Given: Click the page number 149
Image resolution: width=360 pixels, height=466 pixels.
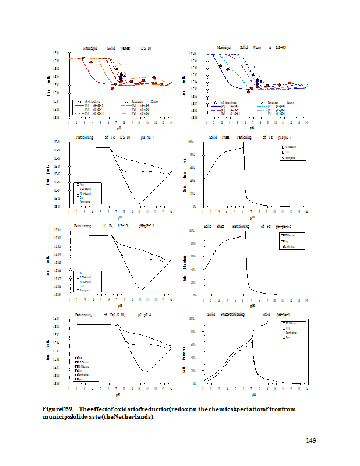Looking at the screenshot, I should (310, 440).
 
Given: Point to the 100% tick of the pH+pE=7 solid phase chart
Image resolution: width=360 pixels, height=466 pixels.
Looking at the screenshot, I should (199, 143).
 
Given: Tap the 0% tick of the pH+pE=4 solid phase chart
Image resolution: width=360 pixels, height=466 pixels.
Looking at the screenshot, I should (199, 383).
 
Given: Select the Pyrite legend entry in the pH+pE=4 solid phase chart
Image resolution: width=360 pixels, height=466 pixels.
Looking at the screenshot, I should (288, 337).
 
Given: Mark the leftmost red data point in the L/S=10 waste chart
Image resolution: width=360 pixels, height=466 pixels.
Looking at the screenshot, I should (83, 58).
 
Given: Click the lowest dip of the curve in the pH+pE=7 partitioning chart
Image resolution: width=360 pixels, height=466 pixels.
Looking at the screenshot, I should (139, 203).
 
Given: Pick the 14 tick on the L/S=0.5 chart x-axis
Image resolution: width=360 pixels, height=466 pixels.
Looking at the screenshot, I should (306, 123).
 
